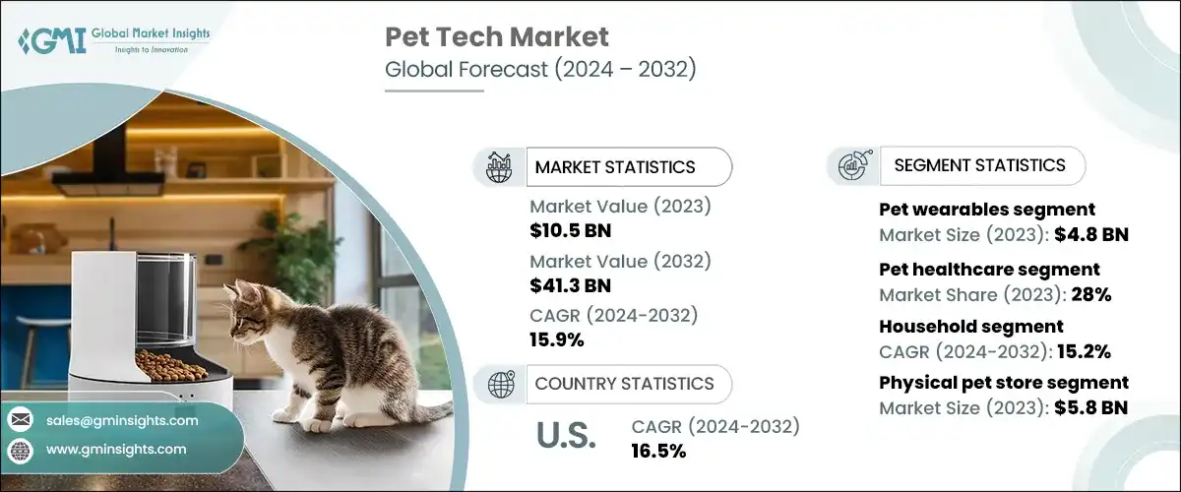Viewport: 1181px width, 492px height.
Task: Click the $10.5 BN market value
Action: pos(570,230)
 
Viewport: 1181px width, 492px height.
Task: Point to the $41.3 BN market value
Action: pos(570,285)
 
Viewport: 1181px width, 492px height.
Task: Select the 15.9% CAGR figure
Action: pos(557,340)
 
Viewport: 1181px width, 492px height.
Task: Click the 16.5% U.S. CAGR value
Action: pos(658,451)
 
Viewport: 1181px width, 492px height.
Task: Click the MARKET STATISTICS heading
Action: pos(614,167)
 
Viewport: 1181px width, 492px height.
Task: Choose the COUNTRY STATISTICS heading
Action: pos(624,384)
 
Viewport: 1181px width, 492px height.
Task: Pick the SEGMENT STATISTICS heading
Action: pos(979,165)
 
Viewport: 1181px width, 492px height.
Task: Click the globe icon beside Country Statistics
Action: pos(500,384)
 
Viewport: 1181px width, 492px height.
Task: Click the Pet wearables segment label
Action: pos(986,210)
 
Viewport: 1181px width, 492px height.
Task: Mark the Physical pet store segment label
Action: pos(1003,383)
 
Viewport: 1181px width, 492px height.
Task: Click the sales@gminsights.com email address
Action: pos(122,420)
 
